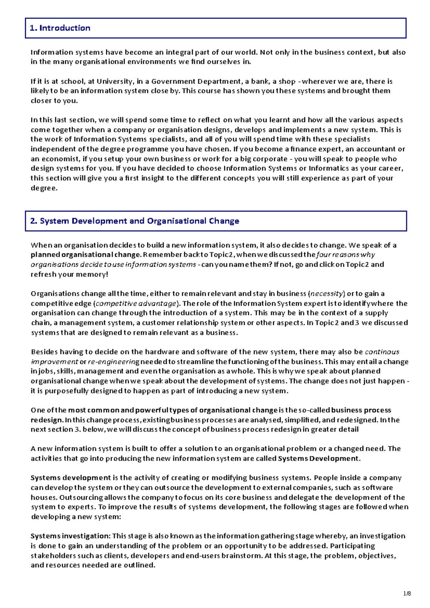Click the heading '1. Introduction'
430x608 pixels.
(x=60, y=28)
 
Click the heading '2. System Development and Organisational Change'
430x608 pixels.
(x=134, y=221)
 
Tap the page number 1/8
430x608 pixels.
(x=407, y=594)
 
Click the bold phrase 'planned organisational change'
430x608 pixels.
(x=86, y=255)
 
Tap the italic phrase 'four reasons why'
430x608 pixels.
(x=345, y=255)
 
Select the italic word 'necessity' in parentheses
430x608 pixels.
(x=326, y=294)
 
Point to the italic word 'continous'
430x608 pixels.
(x=382, y=352)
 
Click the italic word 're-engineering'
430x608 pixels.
(x=113, y=362)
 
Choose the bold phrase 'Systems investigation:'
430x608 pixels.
(x=70, y=536)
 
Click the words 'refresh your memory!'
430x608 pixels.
(x=69, y=275)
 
